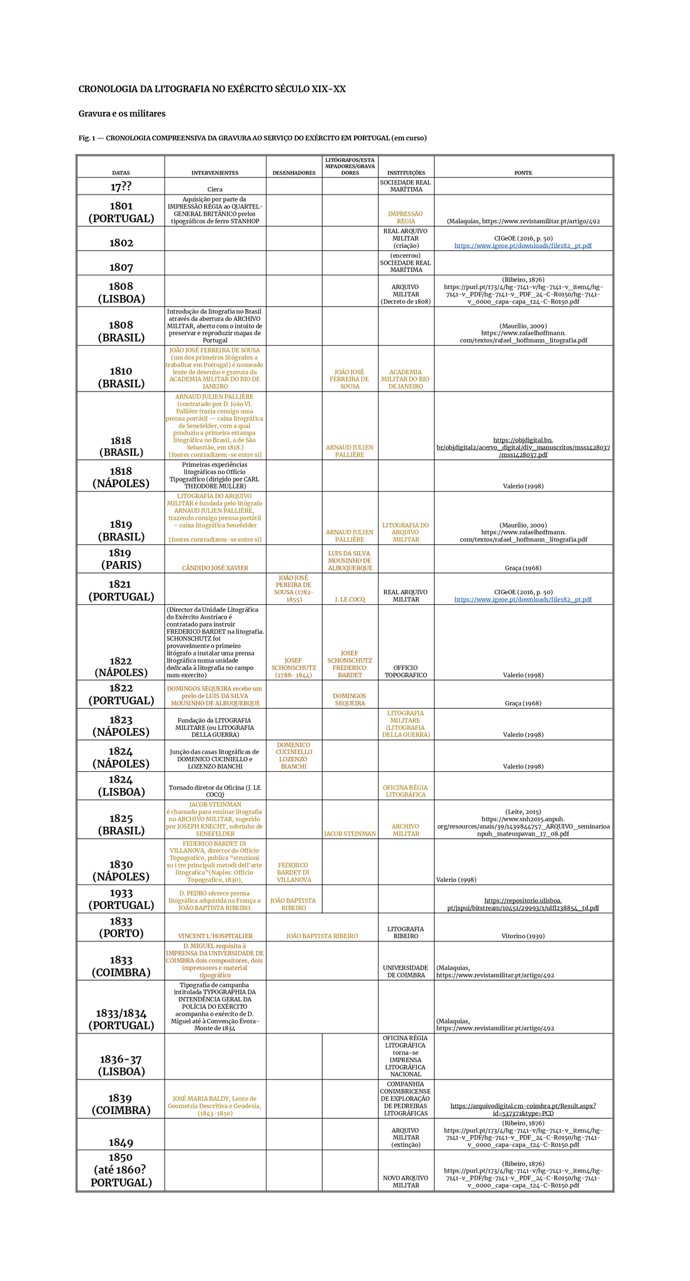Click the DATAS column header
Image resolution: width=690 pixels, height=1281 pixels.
click(121, 173)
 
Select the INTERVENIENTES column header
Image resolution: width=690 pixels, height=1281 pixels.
click(215, 173)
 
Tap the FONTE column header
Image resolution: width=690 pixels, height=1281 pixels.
click(523, 173)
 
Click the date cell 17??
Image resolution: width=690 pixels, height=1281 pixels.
click(121, 187)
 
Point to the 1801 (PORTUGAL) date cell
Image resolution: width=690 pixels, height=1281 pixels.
click(121, 212)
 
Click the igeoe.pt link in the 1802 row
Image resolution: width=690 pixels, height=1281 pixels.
click(523, 246)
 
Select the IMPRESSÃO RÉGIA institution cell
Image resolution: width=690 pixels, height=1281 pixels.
click(405, 218)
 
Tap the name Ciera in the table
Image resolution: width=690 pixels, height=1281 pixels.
click(215, 189)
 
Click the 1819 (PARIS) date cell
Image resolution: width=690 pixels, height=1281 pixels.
click(121, 559)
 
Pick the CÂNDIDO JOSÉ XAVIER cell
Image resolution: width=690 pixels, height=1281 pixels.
click(215, 568)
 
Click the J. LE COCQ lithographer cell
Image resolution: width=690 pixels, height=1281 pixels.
click(350, 599)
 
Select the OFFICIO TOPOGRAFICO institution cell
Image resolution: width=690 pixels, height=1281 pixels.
click(405, 672)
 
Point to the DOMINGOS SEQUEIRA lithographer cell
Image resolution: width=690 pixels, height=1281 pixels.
click(350, 699)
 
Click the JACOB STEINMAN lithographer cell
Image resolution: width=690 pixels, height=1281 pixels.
click(350, 834)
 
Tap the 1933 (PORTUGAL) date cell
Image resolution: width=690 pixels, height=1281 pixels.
click(121, 899)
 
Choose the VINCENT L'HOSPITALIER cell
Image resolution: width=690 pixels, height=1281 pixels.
click(215, 936)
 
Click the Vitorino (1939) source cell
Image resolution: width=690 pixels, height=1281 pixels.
click(523, 936)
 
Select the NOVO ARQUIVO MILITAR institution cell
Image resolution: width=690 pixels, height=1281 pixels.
click(405, 1182)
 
